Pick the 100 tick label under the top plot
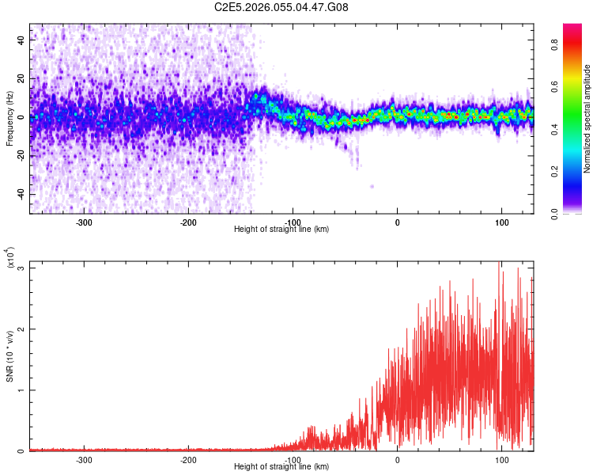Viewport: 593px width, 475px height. pyautogui.click(x=501, y=222)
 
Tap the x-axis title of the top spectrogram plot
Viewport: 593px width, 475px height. pyautogui.click(x=281, y=230)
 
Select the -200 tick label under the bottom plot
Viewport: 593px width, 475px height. pyautogui.click(x=188, y=459)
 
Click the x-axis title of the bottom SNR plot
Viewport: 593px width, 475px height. pyautogui.click(x=281, y=467)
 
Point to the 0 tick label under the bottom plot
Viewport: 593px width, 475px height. pyautogui.click(x=397, y=459)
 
